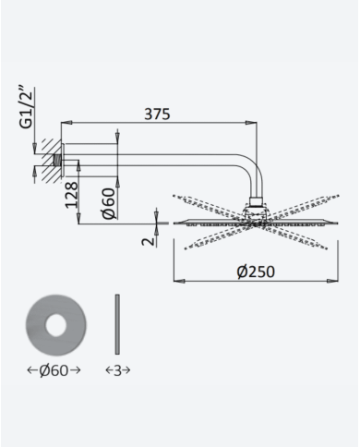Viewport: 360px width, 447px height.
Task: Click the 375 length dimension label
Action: [157, 114]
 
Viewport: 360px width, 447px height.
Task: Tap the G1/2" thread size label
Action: [26, 107]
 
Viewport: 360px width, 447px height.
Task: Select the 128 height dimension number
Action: [72, 195]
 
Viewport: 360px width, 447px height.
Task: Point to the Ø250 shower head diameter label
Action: [256, 272]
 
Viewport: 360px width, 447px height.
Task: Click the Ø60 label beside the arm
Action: [110, 203]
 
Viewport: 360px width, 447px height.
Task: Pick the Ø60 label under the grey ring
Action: [54, 370]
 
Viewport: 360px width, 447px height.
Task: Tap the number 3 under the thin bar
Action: [117, 370]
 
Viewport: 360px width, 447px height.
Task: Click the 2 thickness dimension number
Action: [149, 241]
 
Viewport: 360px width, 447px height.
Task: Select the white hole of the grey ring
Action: [56, 325]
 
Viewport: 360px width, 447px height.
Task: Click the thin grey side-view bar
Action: [117, 324]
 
